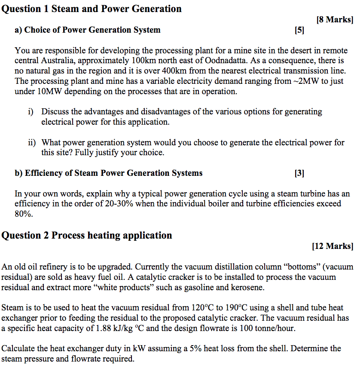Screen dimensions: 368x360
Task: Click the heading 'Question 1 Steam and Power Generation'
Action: (x=92, y=9)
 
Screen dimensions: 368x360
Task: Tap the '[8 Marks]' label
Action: (x=334, y=19)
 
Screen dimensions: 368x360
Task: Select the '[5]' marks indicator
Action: (x=299, y=30)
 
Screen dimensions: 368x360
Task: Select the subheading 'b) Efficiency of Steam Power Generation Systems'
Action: (x=109, y=173)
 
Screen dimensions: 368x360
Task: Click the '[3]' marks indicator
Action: (x=299, y=173)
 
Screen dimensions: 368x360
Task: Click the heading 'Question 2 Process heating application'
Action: (x=87, y=235)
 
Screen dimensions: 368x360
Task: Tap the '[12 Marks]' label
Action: (x=333, y=246)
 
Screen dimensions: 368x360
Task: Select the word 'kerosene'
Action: (x=247, y=288)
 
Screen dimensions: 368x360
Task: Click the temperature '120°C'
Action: (x=203, y=308)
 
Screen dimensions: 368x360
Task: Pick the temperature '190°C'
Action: (x=234, y=308)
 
